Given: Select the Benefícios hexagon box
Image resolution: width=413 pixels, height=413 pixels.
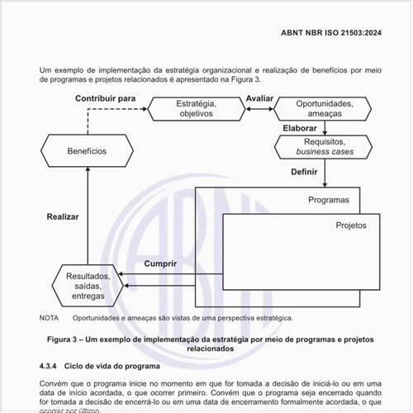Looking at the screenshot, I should [87, 151].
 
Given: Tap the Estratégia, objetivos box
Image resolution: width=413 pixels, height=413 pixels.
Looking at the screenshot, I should [196, 108].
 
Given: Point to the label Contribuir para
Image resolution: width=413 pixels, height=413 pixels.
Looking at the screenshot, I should [105, 98].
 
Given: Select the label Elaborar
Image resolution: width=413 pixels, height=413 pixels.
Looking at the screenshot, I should [299, 128].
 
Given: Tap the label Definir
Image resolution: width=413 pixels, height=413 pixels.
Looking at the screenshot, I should [304, 172].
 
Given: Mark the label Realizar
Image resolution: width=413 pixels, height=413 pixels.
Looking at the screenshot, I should [63, 216].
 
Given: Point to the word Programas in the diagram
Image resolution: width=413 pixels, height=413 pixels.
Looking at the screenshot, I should [329, 200].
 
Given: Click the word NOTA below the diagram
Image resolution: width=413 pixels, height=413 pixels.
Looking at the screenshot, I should [49, 317].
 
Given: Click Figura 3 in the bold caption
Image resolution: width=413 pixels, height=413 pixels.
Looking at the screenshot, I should [69, 339].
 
